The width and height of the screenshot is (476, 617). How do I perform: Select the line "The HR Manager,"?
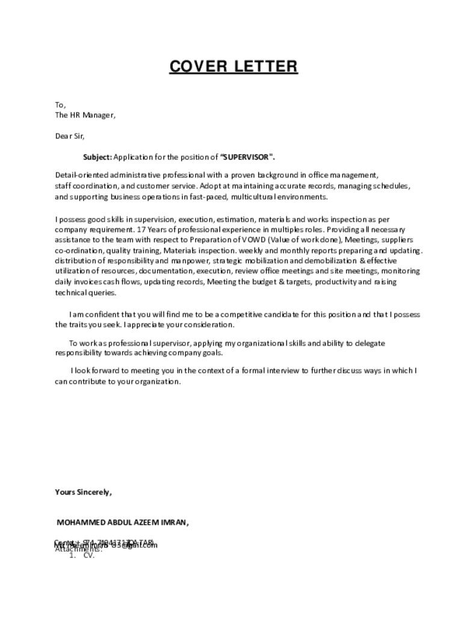(85, 115)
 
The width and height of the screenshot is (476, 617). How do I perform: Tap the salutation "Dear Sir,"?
(70, 136)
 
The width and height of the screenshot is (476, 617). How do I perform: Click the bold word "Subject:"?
(97, 157)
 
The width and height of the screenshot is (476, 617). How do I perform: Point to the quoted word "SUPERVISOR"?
(247, 157)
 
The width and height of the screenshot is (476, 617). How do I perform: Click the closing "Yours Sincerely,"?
(84, 492)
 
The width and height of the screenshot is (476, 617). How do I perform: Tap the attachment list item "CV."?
(89, 556)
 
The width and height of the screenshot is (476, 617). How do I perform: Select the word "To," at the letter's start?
(60, 105)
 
